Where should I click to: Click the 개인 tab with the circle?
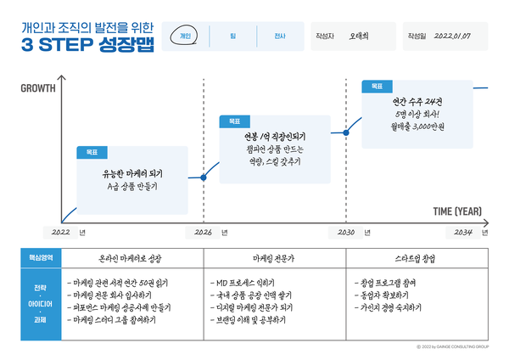tap(186, 37)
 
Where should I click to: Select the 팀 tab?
tap(232, 37)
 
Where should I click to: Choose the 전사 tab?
tap(279, 37)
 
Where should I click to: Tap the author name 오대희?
tap(360, 37)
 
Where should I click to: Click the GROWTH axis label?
tap(38, 87)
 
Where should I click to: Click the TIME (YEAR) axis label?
tap(457, 211)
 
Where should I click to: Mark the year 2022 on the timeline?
tap(60, 231)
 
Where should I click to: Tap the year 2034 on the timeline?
tap(463, 231)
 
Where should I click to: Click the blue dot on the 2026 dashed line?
tap(204, 177)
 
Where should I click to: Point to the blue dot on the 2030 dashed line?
tap(346, 132)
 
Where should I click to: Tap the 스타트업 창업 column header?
tap(416, 256)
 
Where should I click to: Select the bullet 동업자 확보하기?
tap(389, 294)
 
